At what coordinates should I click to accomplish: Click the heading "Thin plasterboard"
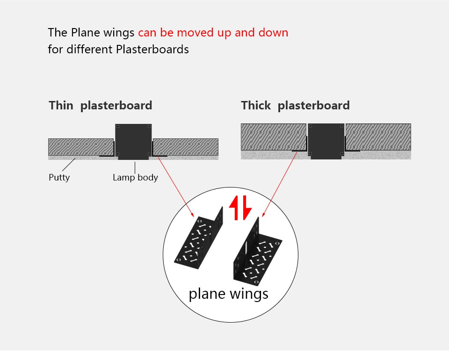click(100, 106)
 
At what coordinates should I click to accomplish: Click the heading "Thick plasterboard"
click(295, 106)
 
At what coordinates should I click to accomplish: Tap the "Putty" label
click(59, 178)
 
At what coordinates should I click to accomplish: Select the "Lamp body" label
click(135, 178)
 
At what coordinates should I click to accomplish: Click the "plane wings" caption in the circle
click(228, 294)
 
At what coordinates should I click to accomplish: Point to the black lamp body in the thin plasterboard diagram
click(133, 140)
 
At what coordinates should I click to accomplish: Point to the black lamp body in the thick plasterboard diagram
click(326, 140)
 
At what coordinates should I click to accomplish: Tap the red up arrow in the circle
click(234, 208)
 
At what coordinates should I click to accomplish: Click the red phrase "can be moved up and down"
click(213, 33)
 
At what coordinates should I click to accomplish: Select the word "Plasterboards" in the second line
click(152, 49)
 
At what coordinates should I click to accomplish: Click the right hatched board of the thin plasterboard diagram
click(186, 146)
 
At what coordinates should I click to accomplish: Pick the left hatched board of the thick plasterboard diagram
click(273, 137)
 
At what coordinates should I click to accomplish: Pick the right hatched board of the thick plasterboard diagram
click(378, 137)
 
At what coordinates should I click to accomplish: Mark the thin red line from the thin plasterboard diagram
click(175, 185)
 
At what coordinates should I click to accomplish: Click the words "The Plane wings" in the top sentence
click(92, 33)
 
